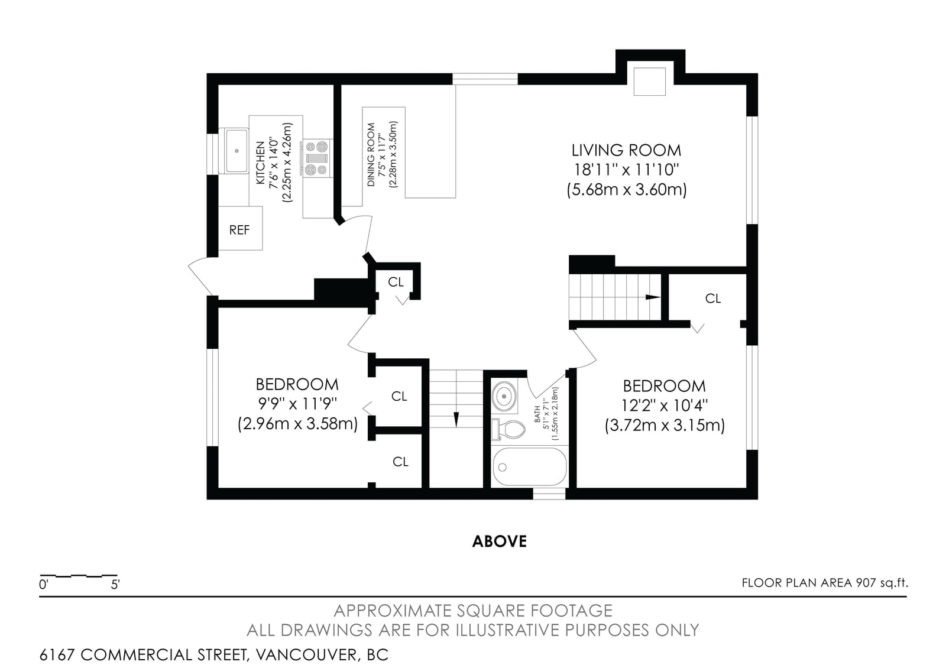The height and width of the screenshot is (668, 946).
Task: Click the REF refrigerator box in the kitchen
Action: pyautogui.click(x=240, y=228)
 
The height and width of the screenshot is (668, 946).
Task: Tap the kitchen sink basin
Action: pyautogui.click(x=237, y=151)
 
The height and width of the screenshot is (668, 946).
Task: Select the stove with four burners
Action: pyautogui.click(x=317, y=158)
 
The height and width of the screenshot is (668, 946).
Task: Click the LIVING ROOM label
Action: pyautogui.click(x=626, y=150)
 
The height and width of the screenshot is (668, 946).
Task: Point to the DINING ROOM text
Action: pyautogui.click(x=371, y=154)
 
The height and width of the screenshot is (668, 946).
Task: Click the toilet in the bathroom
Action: pyautogui.click(x=508, y=430)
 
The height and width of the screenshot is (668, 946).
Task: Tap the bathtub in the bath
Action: pyautogui.click(x=530, y=466)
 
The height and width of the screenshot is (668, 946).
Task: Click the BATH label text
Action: pyautogui.click(x=537, y=414)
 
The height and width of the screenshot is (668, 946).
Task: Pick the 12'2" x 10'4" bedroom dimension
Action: pyautogui.click(x=665, y=406)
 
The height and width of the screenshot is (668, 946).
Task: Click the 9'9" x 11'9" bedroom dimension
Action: pyautogui.click(x=297, y=404)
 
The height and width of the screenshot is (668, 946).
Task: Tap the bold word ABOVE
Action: pyautogui.click(x=500, y=541)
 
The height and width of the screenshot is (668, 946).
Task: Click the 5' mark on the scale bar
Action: pyautogui.click(x=115, y=585)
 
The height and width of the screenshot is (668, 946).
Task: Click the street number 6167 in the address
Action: pyautogui.click(x=57, y=655)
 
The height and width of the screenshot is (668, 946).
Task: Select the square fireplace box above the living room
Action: pyautogui.click(x=650, y=81)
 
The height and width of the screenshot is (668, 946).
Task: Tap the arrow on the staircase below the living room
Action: pyautogui.click(x=653, y=297)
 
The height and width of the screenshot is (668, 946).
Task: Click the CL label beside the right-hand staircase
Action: pyautogui.click(x=713, y=299)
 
